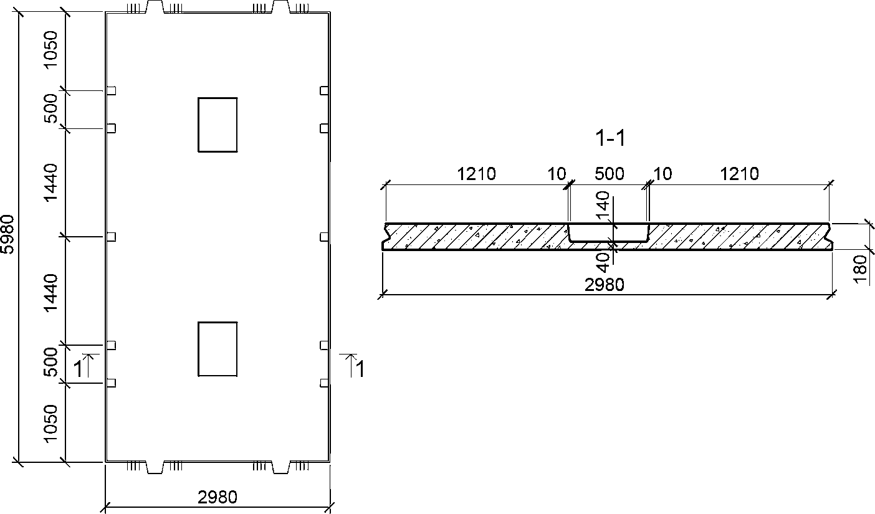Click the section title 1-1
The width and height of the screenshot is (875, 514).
tap(610, 138)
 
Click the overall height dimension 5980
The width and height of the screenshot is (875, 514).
tap(7, 234)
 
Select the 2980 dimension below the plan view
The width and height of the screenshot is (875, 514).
tap(217, 497)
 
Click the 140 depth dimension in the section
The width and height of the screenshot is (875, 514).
tap(603, 204)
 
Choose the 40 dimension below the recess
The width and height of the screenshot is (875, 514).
tap(603, 262)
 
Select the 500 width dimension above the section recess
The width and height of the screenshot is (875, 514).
tap(610, 174)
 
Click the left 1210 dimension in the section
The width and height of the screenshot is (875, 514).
tap(476, 174)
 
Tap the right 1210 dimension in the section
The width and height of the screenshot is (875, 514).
tap(739, 174)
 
